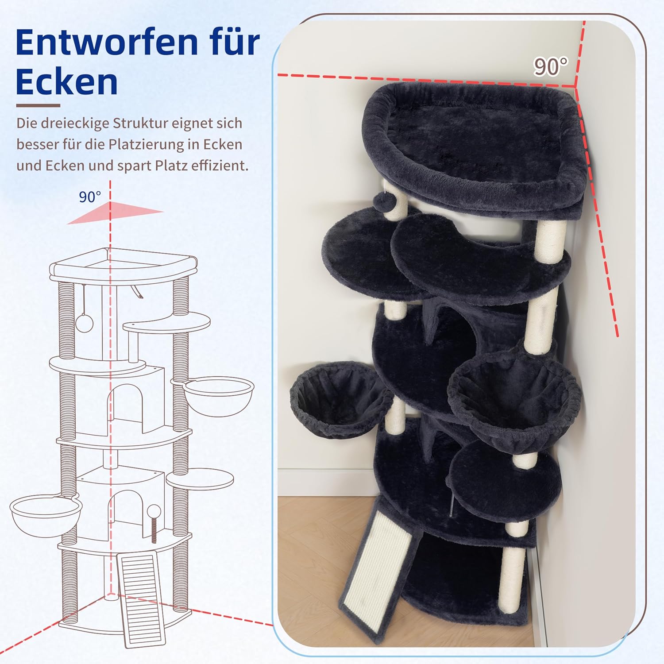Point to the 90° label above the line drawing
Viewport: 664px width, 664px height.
pyautogui.click(x=90, y=197)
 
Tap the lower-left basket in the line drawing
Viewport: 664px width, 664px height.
pyautogui.click(x=46, y=516)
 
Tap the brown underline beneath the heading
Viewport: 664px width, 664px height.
pyautogui.click(x=38, y=106)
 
